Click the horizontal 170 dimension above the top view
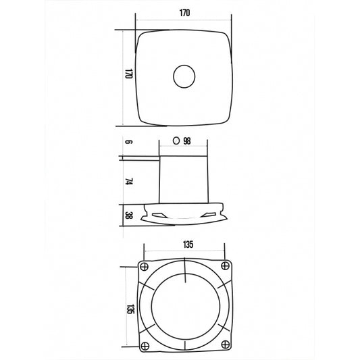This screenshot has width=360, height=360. tap(183, 11)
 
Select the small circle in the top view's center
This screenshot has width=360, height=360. tap(183, 76)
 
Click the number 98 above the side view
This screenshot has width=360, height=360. tap(187, 141)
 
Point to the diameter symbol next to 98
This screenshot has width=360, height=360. tap(176, 141)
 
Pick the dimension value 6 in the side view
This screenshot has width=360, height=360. tap(127, 143)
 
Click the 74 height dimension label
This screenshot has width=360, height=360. tap(127, 182)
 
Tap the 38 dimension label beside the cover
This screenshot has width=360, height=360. tap(127, 215)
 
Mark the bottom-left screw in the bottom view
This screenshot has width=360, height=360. tap(144, 346)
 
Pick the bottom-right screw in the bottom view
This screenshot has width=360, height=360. tap(224, 346)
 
